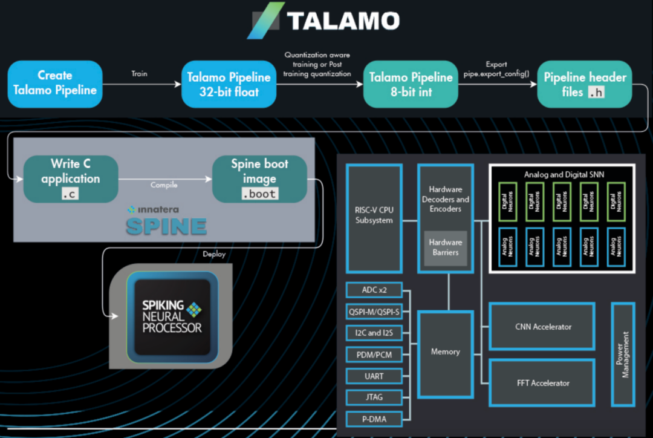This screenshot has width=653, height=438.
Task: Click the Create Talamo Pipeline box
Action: [55, 83]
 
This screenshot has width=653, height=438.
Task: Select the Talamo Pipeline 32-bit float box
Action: [229, 84]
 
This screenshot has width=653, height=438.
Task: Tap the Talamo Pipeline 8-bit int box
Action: [411, 84]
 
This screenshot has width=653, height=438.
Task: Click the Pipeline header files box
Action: [585, 84]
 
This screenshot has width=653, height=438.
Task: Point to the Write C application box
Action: [71, 178]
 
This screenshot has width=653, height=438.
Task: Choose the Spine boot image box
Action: [259, 178]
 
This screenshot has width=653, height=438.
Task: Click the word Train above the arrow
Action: [139, 74]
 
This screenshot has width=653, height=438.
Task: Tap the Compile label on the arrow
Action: [164, 185]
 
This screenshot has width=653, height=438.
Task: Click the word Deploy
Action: [214, 254]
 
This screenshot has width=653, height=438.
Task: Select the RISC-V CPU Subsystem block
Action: [374, 218]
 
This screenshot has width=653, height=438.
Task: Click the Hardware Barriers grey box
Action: [445, 247]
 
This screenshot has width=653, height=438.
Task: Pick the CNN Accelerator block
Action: [543, 327]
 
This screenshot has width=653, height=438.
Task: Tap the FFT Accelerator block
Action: [543, 383]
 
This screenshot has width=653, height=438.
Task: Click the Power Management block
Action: [623, 355]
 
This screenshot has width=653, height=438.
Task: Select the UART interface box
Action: [374, 376]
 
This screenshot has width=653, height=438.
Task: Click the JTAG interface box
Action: [374, 397]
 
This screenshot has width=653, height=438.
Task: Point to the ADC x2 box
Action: [374, 290]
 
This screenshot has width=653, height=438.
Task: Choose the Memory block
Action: [445, 351]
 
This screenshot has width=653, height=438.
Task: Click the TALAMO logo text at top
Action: [343, 21]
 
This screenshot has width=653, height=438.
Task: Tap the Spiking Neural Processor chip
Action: [172, 316]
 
